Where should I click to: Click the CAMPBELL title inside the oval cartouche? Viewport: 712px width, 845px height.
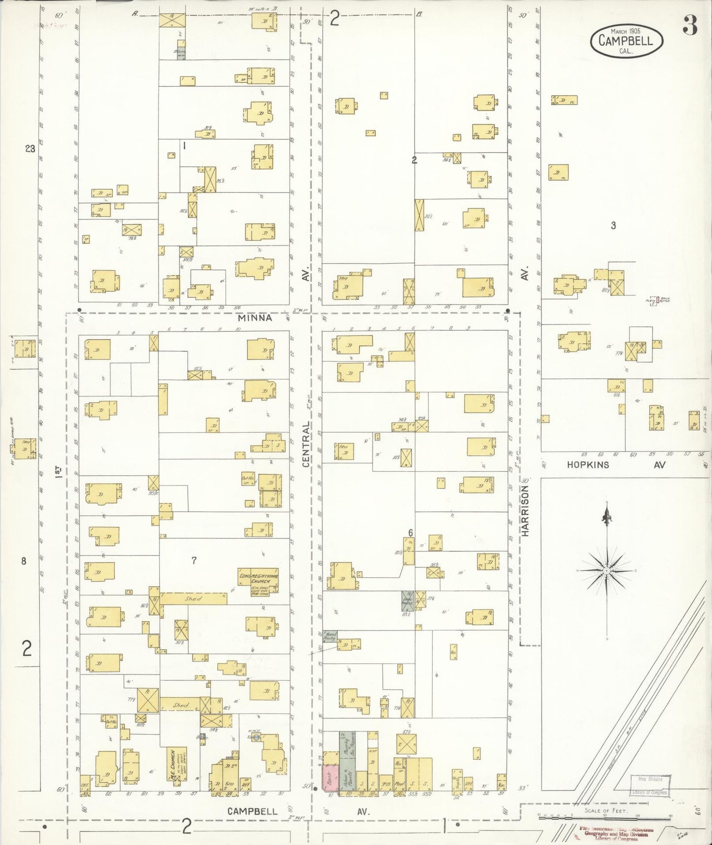click(626, 40)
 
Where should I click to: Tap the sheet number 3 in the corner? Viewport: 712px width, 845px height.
click(690, 28)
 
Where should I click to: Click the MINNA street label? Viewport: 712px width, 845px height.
click(255, 318)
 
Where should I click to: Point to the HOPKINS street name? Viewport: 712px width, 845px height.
click(588, 464)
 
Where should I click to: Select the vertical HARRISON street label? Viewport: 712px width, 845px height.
click(525, 511)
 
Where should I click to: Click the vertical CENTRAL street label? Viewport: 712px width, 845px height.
click(306, 444)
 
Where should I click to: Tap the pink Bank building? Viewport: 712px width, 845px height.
click(329, 778)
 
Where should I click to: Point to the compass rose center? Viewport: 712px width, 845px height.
click(607, 570)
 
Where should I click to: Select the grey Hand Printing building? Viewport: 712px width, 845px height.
click(330, 636)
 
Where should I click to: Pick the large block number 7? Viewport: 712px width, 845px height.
click(194, 560)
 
